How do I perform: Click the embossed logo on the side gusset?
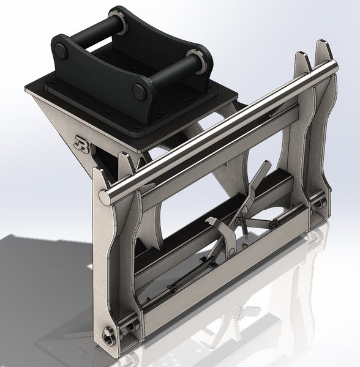point(80,143)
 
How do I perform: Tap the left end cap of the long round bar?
point(105,198)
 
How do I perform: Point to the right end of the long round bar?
point(334,65)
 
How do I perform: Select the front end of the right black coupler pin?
point(139,92)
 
